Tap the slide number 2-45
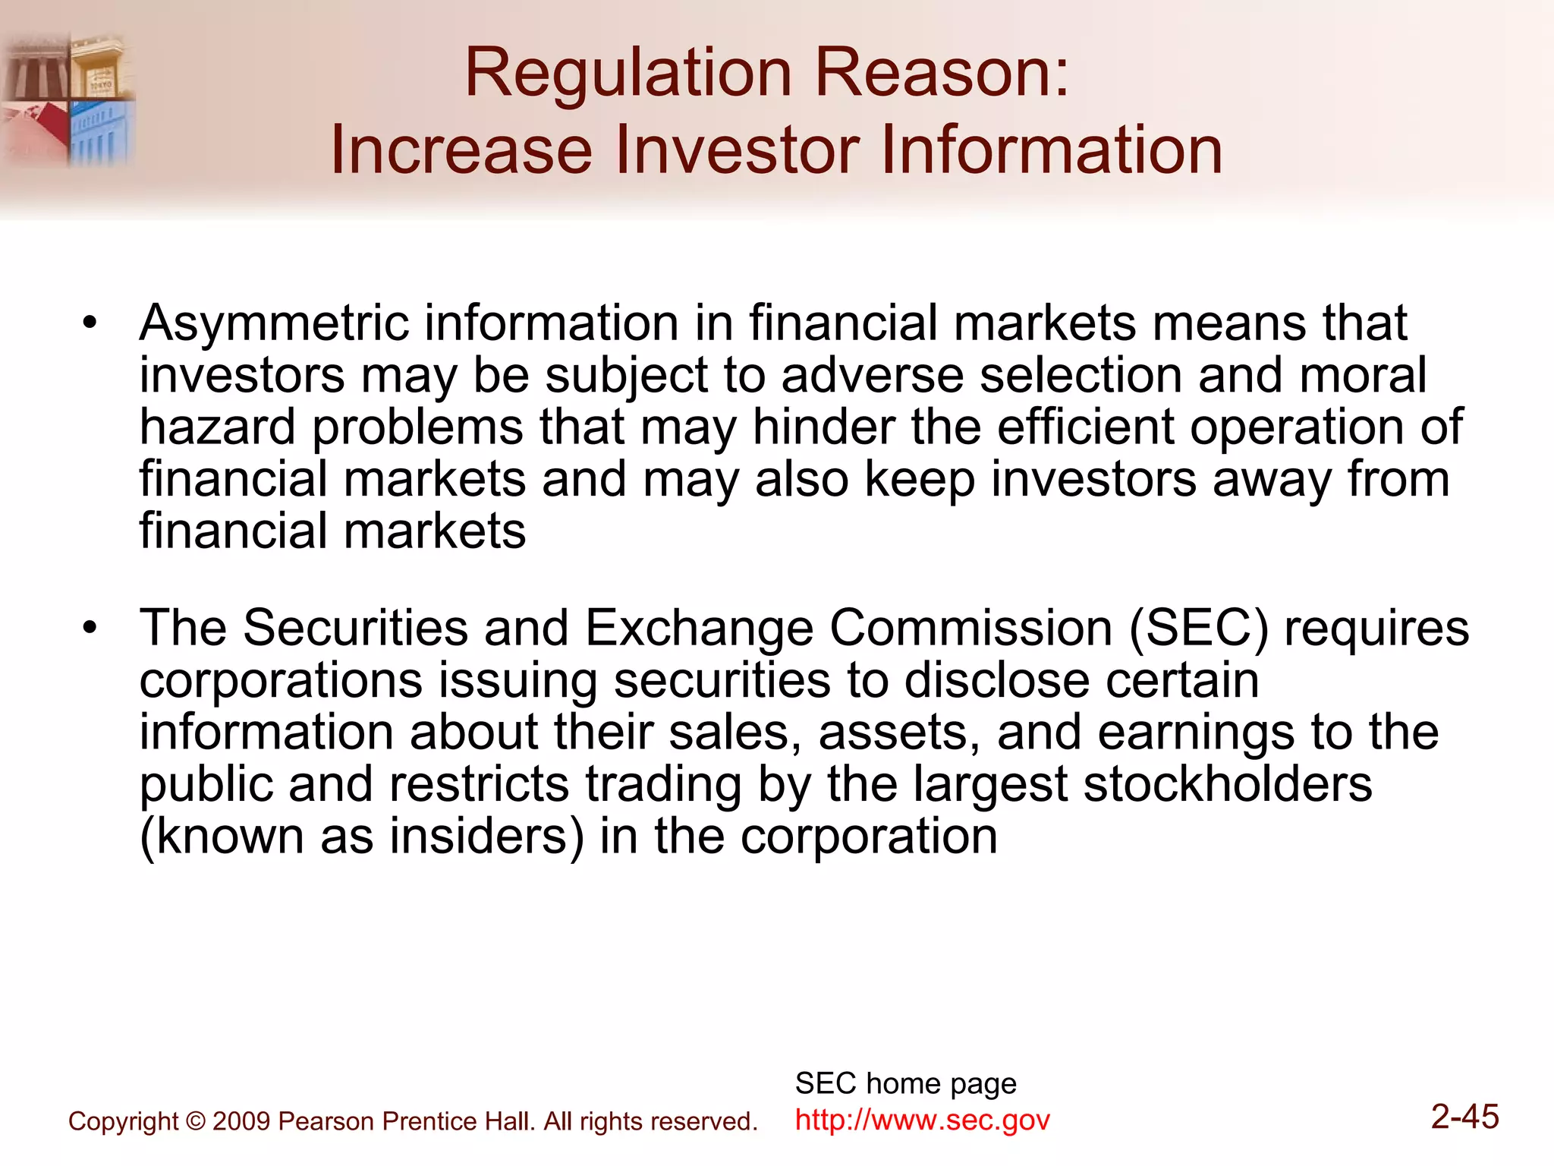(1464, 1117)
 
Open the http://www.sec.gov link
(922, 1120)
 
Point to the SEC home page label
(905, 1083)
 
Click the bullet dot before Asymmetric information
(90, 323)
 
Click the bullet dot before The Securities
(90, 628)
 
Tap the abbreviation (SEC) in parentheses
(1199, 629)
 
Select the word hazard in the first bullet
(218, 427)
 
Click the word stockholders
(1228, 784)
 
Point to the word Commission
(971, 629)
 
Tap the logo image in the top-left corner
(68, 99)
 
